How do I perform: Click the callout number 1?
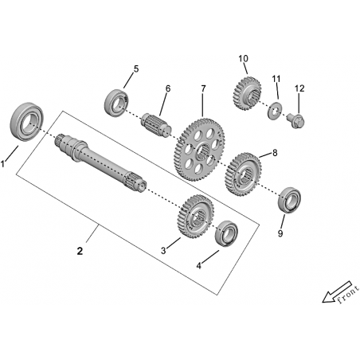pyautogui.click(x=3, y=164)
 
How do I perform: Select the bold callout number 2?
pyautogui.click(x=80, y=251)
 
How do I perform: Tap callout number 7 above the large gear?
pyautogui.click(x=203, y=88)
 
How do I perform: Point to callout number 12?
pyautogui.click(x=299, y=88)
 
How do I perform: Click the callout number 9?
pyautogui.click(x=280, y=233)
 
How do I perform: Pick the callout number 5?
pyautogui.click(x=136, y=69)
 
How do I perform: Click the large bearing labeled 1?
pyautogui.click(x=26, y=122)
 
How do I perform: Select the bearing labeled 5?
pyautogui.click(x=116, y=102)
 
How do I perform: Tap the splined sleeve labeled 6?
pyautogui.click(x=156, y=125)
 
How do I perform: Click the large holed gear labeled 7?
pyautogui.click(x=199, y=150)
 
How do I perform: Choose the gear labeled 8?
pyautogui.click(x=243, y=174)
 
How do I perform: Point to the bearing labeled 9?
pyautogui.click(x=289, y=200)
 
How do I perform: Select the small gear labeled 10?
pyautogui.click(x=247, y=93)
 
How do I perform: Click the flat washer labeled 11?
pyautogui.click(x=275, y=110)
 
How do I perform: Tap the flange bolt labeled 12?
pyautogui.click(x=295, y=121)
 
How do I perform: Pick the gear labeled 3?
pyautogui.click(x=195, y=217)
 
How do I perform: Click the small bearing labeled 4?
pyautogui.click(x=226, y=233)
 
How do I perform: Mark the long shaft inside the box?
pyautogui.click(x=101, y=162)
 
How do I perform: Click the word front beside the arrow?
pyautogui.click(x=348, y=295)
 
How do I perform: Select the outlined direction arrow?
pyautogui.click(x=337, y=292)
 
